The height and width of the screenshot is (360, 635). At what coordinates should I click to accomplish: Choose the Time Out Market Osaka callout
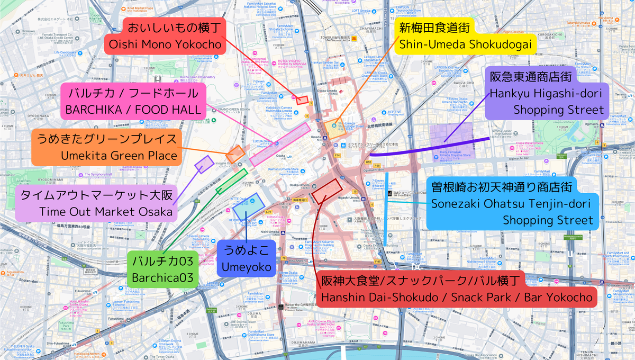click(x=96, y=203)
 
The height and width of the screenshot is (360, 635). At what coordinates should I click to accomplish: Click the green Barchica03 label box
click(x=162, y=268)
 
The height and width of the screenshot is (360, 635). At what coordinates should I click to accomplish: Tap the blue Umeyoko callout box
click(x=246, y=258)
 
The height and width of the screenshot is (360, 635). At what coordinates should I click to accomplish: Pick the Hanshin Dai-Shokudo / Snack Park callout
click(x=456, y=289)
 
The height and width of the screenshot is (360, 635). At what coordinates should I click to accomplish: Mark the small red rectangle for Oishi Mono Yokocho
click(x=302, y=100)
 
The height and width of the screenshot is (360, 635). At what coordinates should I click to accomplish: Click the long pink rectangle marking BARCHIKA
click(x=280, y=144)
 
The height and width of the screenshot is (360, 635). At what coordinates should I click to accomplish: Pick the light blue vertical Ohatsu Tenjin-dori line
click(x=387, y=209)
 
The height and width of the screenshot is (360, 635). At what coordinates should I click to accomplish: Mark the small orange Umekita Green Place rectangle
click(x=235, y=154)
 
